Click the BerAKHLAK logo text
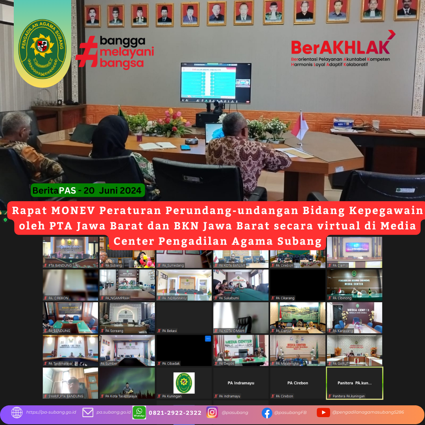pos(340,47)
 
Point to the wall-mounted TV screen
pos(216,83)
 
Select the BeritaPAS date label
pos(87,191)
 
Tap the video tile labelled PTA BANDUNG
pos(71,252)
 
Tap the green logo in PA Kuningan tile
pos(184,382)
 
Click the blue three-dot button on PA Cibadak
pos(208,338)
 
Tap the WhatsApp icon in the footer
pos(139,412)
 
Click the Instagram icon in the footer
pos(212,412)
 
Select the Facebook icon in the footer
pos(267,412)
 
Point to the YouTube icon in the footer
pos(323,412)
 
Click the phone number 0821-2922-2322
pos(175,413)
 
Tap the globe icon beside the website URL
pos(17,412)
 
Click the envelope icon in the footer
pos(88,412)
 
